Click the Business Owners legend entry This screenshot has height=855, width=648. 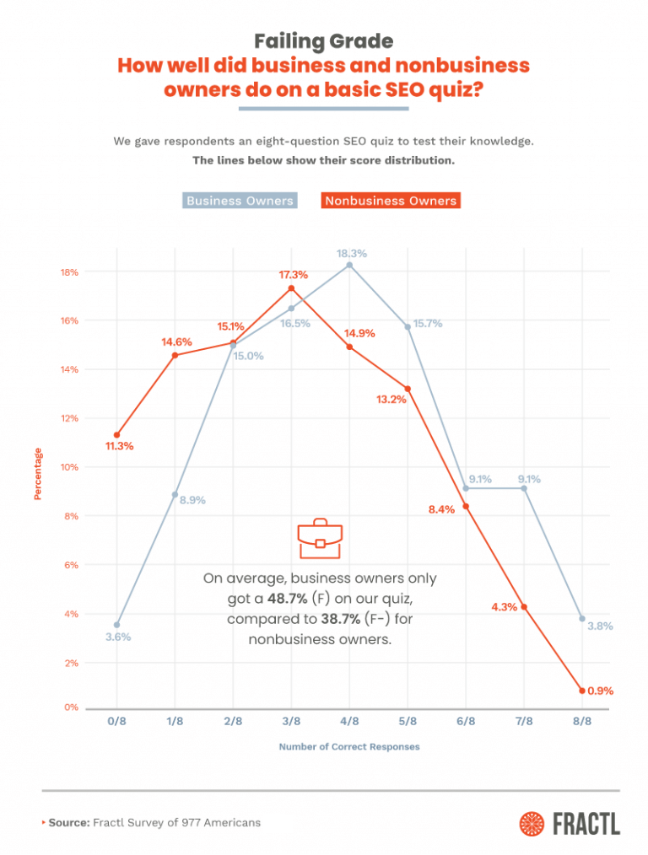coord(240,201)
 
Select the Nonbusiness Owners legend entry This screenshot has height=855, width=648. coord(391,201)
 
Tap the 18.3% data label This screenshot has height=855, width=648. coord(351,253)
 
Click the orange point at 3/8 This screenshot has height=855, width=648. coord(291,288)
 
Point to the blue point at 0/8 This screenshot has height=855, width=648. coord(116,625)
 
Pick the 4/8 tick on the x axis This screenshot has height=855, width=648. coord(349,722)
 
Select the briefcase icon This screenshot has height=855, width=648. coord(320,539)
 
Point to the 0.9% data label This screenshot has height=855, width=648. coord(601,691)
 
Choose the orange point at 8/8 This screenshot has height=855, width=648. coord(581,691)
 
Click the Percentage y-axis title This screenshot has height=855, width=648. coord(38,474)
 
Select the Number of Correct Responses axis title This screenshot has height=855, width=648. coord(348,746)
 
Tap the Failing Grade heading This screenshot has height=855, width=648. coord(323,40)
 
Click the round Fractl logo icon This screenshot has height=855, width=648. coord(532,822)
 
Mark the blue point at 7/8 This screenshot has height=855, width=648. coord(524,488)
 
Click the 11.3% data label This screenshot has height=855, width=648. coord(119,446)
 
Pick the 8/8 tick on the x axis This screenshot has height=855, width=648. coord(581,722)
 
